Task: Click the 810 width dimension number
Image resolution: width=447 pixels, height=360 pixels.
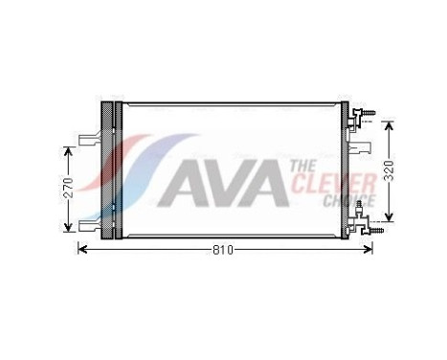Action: (x=222, y=250)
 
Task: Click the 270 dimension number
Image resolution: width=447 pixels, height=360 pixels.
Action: (x=68, y=189)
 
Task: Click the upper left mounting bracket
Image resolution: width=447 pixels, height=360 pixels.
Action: (x=88, y=139)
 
